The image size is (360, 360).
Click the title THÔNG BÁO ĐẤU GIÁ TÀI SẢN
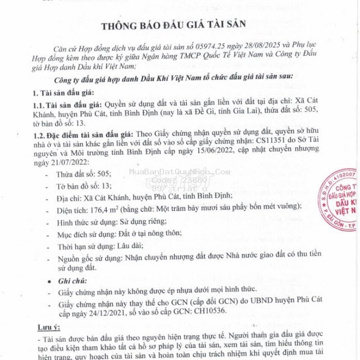tap(179, 26)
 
